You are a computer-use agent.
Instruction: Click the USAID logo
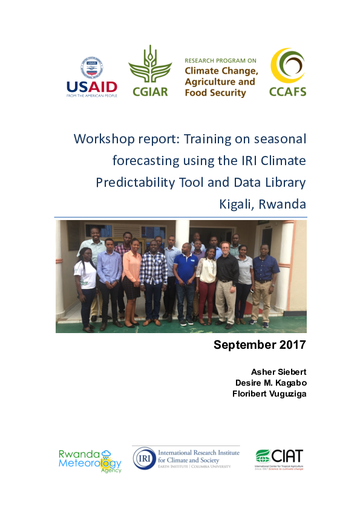pyautogui.click(x=92, y=77)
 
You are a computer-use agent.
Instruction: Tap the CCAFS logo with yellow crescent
pyautogui.click(x=288, y=73)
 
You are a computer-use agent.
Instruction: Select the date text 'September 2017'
pyautogui.click(x=260, y=346)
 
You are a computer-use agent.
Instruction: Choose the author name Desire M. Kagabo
pyautogui.click(x=270, y=382)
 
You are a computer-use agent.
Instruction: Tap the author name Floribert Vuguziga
pyautogui.click(x=270, y=394)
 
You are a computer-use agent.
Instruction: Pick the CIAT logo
pyautogui.click(x=279, y=459)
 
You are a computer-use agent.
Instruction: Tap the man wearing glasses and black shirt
pyautogui.click(x=227, y=272)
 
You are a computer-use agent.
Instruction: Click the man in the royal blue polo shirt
pyautogui.click(x=185, y=272)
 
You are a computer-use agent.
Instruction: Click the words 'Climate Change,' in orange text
pyautogui.click(x=221, y=71)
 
